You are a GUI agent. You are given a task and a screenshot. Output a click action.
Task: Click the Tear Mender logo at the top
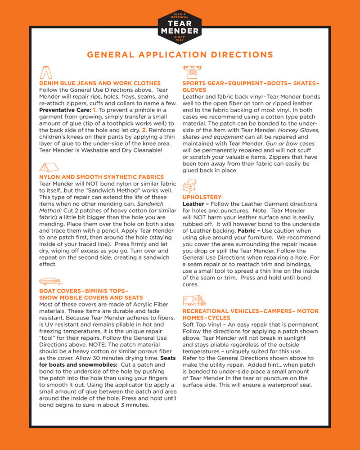tap(180, 27)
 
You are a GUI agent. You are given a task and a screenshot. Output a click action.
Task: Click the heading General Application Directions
tap(180, 55)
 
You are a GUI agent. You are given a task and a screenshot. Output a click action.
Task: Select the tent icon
tap(49, 167)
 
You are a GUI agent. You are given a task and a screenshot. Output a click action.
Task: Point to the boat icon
tap(50, 282)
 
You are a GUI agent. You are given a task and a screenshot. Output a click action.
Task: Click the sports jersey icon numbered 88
tap(192, 72)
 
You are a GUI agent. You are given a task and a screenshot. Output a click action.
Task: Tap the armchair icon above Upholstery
tap(189, 186)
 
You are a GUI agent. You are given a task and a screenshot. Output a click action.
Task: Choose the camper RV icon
tap(194, 300)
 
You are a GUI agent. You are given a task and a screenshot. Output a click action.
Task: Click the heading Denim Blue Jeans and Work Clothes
tap(100, 83)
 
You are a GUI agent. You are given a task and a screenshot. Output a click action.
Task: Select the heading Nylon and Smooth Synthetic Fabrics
tap(102, 177)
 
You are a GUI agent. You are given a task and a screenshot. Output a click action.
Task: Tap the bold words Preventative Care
tap(65, 110)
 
